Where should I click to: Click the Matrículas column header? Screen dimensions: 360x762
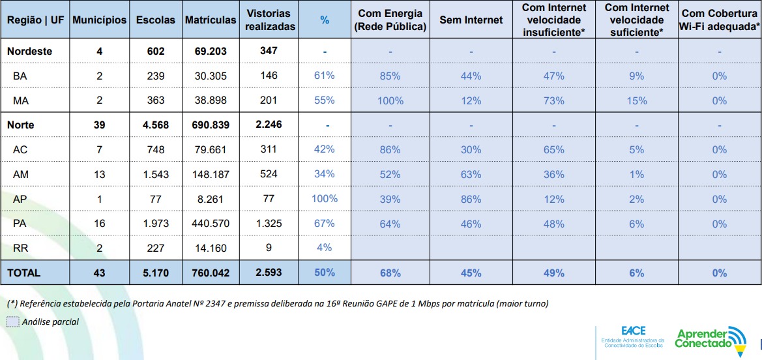click(210, 20)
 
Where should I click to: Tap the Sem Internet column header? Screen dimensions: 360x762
click(471, 20)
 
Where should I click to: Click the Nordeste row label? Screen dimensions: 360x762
click(29, 51)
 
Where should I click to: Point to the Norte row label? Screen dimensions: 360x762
click(21, 125)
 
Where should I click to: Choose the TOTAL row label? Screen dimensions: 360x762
click(24, 273)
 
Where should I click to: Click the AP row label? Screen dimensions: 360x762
click(20, 199)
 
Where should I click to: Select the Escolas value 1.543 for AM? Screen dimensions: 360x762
click(155, 174)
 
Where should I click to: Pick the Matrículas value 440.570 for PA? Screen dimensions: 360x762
click(210, 224)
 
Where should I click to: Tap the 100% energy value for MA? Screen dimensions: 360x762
click(390, 100)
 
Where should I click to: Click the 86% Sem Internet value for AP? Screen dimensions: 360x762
click(471, 199)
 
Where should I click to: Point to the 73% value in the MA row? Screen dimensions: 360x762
click(553, 100)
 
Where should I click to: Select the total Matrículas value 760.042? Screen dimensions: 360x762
click(210, 273)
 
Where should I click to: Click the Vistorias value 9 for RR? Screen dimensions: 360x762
click(269, 248)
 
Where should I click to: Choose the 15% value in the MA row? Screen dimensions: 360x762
click(636, 100)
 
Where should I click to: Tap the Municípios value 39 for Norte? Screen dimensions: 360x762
click(99, 125)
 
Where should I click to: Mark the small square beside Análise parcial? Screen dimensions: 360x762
click(12, 322)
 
